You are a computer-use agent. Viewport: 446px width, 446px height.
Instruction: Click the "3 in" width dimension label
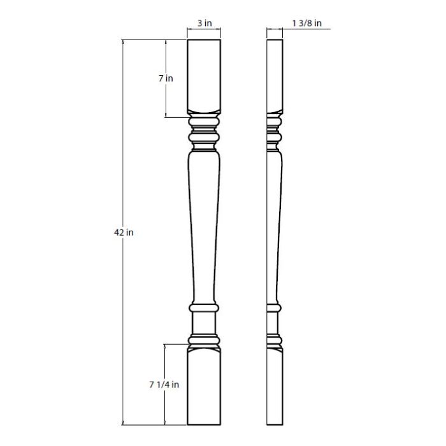pyautogui.click(x=204, y=24)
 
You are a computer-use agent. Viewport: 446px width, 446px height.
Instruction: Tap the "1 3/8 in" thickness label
pyautogui.click(x=307, y=24)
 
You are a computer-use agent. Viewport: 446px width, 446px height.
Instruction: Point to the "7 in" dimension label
pyautogui.click(x=166, y=79)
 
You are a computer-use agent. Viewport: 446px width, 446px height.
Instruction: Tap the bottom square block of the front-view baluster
pyautogui.click(x=204, y=389)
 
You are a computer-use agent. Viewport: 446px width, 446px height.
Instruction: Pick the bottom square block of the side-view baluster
pyautogui.click(x=274, y=389)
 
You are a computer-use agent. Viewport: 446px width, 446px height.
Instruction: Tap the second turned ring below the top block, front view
pyautogui.click(x=204, y=136)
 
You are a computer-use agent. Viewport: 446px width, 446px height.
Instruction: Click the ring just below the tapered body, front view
pyautogui.click(x=204, y=308)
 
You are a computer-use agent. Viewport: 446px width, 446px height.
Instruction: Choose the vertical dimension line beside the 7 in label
pyautogui.click(x=166, y=99)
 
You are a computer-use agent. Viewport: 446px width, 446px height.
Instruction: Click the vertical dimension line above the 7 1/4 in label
pyautogui.click(x=166, y=360)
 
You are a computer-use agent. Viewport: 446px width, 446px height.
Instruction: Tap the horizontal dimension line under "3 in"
pyautogui.click(x=204, y=29)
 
